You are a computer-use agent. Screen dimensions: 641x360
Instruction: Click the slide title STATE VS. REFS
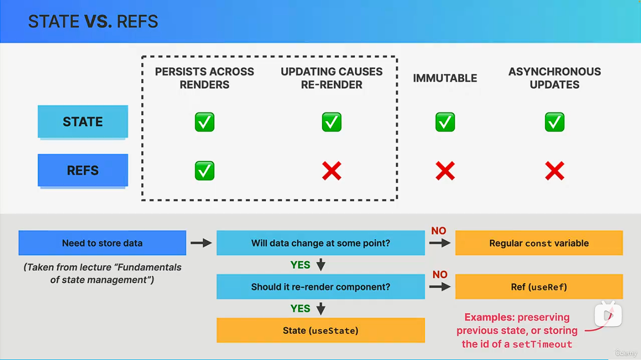(93, 22)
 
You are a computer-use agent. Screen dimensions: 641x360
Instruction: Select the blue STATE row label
(83, 121)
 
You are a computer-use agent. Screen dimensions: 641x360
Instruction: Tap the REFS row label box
(83, 170)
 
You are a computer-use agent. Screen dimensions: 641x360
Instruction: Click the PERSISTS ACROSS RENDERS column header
(205, 78)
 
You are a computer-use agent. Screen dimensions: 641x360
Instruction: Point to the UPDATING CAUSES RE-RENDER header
(332, 78)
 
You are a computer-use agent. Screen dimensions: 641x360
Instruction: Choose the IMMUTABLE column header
(445, 78)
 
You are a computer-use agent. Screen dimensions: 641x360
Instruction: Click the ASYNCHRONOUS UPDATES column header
(554, 78)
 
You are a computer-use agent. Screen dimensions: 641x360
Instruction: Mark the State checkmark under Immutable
(445, 122)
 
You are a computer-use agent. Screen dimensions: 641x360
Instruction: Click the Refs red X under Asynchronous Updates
(554, 171)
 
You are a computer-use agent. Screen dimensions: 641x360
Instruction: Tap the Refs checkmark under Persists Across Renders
(205, 171)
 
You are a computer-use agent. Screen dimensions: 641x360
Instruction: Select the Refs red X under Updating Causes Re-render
(332, 171)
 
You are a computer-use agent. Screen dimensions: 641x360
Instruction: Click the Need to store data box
(102, 243)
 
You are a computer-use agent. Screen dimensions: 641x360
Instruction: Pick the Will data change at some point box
(320, 243)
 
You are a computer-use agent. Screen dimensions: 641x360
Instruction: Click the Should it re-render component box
(320, 287)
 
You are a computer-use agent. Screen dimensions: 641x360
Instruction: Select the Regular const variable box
(539, 243)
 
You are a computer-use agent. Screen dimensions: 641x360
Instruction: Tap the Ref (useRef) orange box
(539, 287)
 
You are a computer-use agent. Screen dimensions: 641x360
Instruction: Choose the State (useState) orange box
(320, 331)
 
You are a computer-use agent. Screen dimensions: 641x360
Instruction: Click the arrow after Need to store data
(201, 243)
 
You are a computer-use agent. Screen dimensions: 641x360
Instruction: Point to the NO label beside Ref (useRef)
(440, 275)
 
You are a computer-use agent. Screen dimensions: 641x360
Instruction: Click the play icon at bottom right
(608, 315)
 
